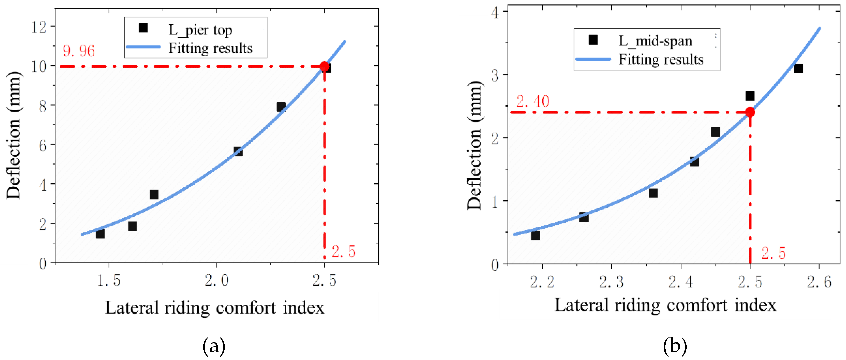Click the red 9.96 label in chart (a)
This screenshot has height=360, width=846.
pyautogui.click(x=79, y=51)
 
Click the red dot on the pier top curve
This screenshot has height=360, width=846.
pyautogui.click(x=324, y=67)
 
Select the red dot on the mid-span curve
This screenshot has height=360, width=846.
pyautogui.click(x=750, y=112)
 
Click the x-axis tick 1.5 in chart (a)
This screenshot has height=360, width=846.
pyautogui.click(x=109, y=280)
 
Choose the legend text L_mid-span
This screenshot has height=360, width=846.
pyautogui.click(x=655, y=41)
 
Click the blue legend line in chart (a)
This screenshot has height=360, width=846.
pyautogui.click(x=143, y=47)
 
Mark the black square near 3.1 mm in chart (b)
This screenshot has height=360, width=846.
pyautogui.click(x=798, y=69)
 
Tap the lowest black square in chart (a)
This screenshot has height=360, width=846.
pyautogui.click(x=100, y=234)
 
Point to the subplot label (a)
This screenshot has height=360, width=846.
pyautogui.click(x=214, y=346)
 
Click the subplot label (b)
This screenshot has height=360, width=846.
pyautogui.click(x=675, y=346)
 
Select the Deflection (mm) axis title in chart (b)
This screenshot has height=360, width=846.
pyautogui.click(x=474, y=145)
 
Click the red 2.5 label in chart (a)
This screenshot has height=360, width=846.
pyautogui.click(x=343, y=252)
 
